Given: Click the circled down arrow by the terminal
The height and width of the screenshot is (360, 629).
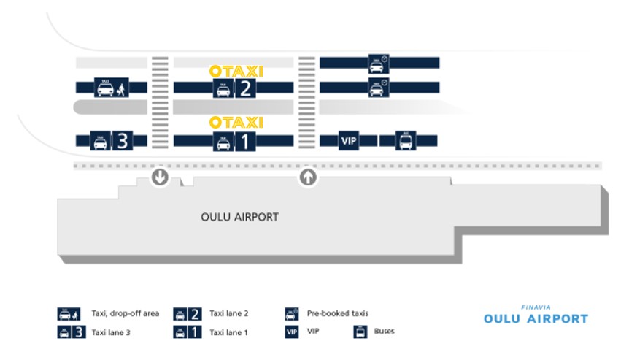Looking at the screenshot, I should pyautogui.click(x=160, y=177).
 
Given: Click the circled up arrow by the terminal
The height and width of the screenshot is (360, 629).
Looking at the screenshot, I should pyautogui.click(x=308, y=177).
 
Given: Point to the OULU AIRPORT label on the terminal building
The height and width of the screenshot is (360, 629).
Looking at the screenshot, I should pyautogui.click(x=239, y=217).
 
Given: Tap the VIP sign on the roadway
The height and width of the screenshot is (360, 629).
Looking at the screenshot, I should pyautogui.click(x=350, y=140).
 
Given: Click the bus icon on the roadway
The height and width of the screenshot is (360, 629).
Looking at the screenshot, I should pyautogui.click(x=406, y=140).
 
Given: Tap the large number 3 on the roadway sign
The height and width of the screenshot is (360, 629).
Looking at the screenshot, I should pyautogui.click(x=122, y=141).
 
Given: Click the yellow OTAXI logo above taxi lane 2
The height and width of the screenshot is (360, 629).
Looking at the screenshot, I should pyautogui.click(x=236, y=71).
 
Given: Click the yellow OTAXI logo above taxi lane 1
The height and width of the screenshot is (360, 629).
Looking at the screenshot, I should pyautogui.click(x=236, y=122).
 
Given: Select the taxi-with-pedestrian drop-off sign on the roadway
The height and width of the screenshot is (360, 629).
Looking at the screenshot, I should pyautogui.click(x=112, y=88).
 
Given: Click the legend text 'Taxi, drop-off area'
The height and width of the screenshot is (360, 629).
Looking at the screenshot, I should pyautogui.click(x=125, y=313).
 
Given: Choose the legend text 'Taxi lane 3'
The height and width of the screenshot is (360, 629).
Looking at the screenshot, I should pyautogui.click(x=110, y=332).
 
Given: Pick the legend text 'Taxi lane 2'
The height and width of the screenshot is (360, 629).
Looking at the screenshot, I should pyautogui.click(x=229, y=313).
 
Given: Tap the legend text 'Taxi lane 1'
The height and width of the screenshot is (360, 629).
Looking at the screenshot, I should pyautogui.click(x=229, y=332).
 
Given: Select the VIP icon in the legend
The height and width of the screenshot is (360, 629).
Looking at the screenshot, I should pyautogui.click(x=292, y=332).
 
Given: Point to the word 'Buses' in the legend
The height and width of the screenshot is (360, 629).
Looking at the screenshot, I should pyautogui.click(x=384, y=331).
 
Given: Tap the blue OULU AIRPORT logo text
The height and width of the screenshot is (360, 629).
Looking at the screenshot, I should pyautogui.click(x=536, y=319).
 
